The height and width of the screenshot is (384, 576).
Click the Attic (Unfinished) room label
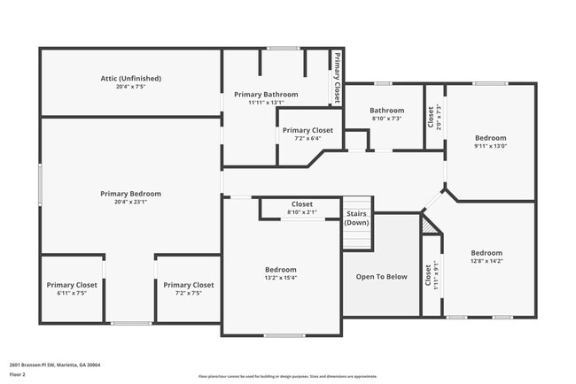(x=130, y=79)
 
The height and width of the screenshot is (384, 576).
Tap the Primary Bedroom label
(x=130, y=193)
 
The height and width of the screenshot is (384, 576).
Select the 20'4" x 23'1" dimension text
(x=130, y=202)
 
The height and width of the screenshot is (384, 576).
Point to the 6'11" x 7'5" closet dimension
(x=72, y=293)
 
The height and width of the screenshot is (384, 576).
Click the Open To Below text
(x=381, y=277)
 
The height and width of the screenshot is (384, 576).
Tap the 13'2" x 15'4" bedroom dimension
(x=281, y=278)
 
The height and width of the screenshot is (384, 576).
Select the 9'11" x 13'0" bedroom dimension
(x=490, y=146)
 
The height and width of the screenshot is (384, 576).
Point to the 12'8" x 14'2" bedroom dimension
(x=486, y=261)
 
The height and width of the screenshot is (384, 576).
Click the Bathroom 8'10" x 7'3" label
(x=386, y=111)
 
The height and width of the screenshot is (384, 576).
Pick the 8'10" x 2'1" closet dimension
(x=301, y=212)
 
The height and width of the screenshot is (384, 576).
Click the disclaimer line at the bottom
(x=287, y=377)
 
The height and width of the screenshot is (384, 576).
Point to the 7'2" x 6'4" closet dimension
(x=308, y=138)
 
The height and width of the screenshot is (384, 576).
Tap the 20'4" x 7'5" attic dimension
(x=130, y=87)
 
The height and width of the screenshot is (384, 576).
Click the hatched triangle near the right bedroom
(x=429, y=227)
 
